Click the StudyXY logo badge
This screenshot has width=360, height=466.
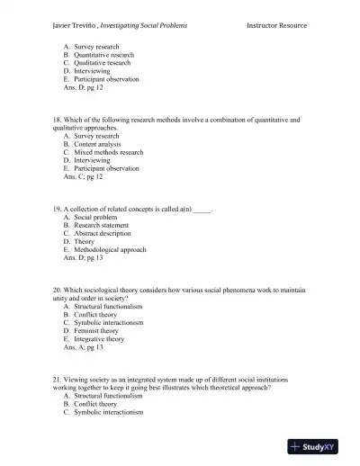click(x=320, y=446)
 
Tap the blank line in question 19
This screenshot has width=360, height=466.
click(x=202, y=209)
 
